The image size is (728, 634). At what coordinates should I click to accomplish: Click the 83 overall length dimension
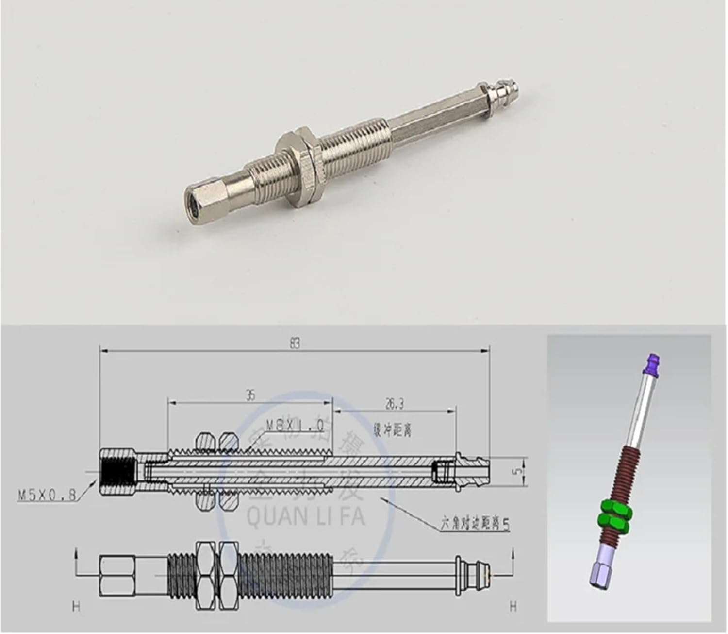[x=295, y=343]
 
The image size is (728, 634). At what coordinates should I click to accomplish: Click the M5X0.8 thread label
[x=47, y=495]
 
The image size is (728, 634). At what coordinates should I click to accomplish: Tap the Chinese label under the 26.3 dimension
[x=392, y=430]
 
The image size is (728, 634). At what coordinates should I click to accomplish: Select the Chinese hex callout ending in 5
[x=468, y=525]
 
